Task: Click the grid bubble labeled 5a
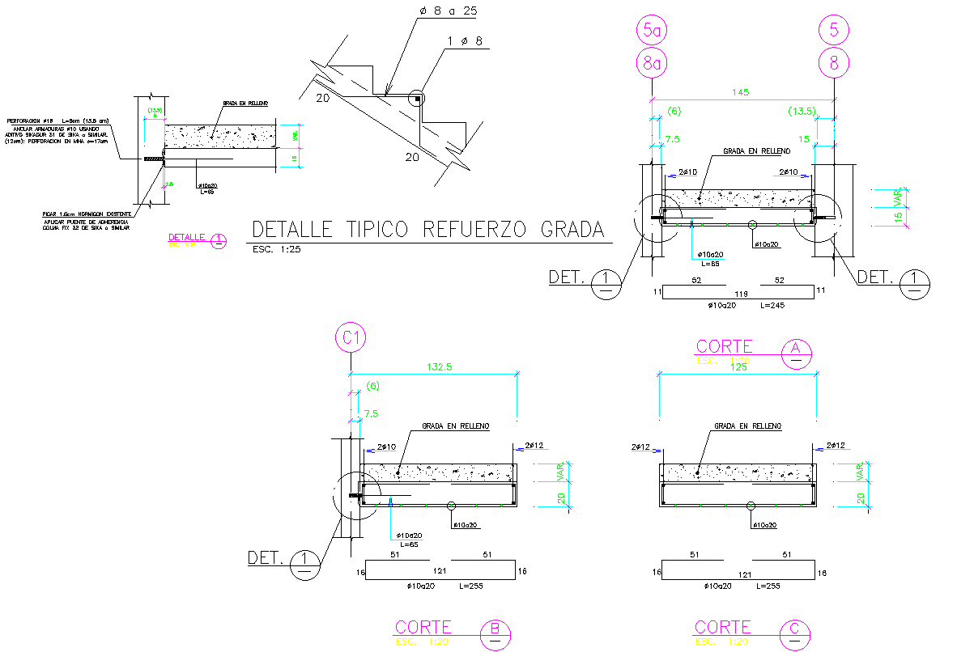tap(653, 32)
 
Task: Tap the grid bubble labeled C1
tap(351, 338)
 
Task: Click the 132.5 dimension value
tap(435, 366)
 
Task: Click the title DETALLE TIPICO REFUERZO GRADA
tap(428, 230)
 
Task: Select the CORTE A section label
tap(724, 347)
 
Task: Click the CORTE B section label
tap(423, 627)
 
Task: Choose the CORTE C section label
tap(723, 627)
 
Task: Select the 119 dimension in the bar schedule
tap(738, 292)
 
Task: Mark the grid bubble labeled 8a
tap(653, 62)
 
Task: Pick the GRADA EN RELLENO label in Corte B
tap(455, 425)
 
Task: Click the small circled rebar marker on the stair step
tap(416, 99)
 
